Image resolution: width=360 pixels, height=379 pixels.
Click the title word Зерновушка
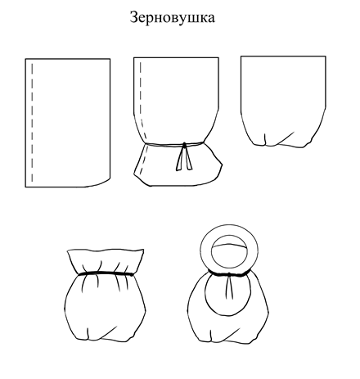pyautogui.click(x=172, y=17)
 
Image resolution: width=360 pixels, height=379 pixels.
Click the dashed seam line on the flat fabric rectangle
pyautogui.click(x=32, y=123)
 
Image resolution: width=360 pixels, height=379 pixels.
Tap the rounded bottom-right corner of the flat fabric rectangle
pyautogui.click(x=105, y=182)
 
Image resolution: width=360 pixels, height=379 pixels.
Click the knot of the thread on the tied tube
pyautogui.click(x=185, y=144)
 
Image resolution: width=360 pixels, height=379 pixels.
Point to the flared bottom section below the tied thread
pyautogui.click(x=178, y=166)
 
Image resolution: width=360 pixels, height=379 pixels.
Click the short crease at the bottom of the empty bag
pyautogui.click(x=265, y=139)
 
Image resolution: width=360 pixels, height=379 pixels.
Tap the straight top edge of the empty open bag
pyautogui.click(x=283, y=56)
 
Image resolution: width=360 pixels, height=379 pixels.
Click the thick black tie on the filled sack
pyautogui.click(x=106, y=273)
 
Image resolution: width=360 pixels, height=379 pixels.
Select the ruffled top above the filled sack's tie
pyautogui.click(x=106, y=260)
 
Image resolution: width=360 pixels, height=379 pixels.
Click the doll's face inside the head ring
pyautogui.click(x=229, y=251)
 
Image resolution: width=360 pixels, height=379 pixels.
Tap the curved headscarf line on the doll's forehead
pyautogui.click(x=229, y=245)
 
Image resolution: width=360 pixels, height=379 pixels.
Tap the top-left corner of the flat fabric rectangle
pyautogui.click(x=25, y=59)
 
